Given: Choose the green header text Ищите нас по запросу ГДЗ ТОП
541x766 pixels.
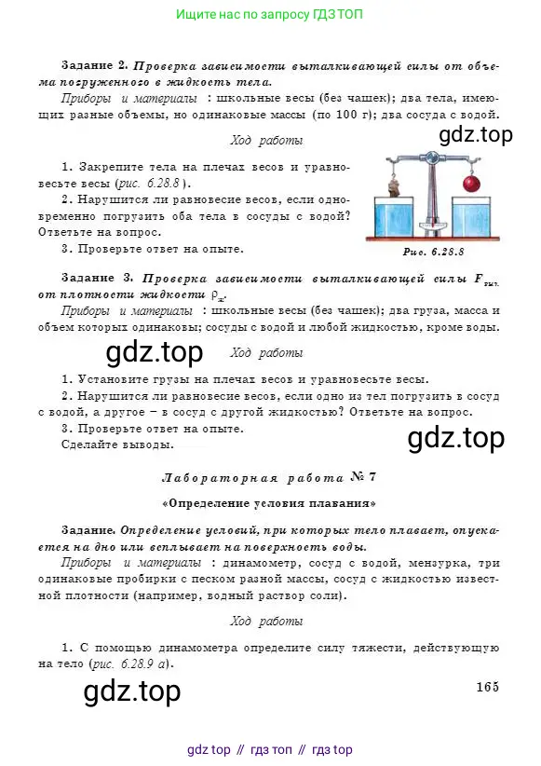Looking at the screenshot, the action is point(269,15).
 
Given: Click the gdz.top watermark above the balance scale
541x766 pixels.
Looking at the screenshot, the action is point(475,135).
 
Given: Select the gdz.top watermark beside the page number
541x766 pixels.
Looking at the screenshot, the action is point(132,691).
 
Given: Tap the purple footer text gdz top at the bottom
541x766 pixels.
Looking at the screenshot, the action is point(209,749).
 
